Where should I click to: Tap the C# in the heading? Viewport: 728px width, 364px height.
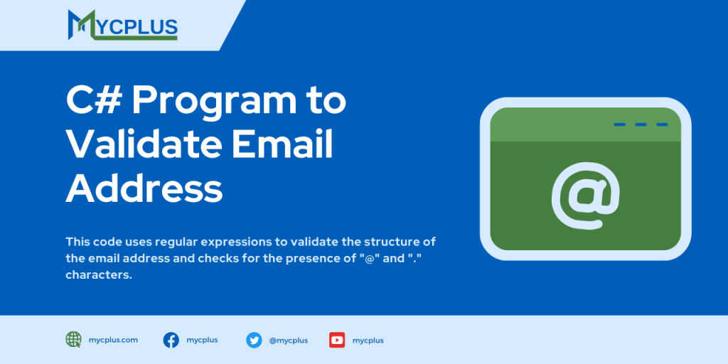(x=92, y=101)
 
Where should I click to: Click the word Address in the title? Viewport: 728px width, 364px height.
(x=144, y=189)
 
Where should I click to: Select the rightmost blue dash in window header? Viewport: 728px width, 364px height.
(x=662, y=124)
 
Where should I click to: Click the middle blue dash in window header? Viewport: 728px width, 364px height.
(x=641, y=124)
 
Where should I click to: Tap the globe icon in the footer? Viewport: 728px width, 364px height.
(x=73, y=340)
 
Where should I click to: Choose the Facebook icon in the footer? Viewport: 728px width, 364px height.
(x=171, y=340)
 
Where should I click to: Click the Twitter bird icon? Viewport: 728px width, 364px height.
(x=254, y=340)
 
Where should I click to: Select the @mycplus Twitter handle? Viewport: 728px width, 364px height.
(x=288, y=341)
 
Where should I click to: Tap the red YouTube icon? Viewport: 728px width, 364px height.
(x=337, y=340)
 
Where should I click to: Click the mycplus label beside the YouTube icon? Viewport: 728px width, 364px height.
(x=368, y=341)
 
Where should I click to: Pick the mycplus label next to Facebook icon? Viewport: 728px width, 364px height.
(x=202, y=340)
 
